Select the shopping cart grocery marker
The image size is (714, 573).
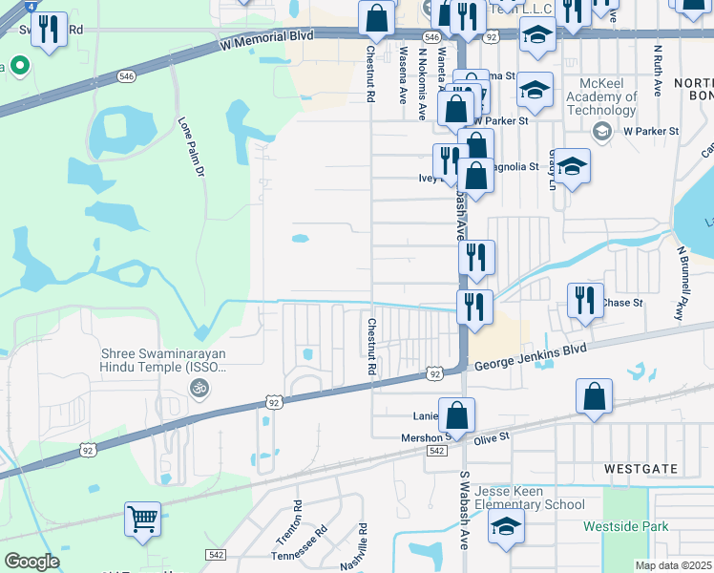(142, 520)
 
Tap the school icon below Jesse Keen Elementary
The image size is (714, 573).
(506, 526)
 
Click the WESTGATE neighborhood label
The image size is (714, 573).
(640, 469)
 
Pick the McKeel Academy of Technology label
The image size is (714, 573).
(601, 96)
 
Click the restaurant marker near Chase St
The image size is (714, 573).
(585, 299)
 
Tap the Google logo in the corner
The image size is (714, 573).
(31, 562)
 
